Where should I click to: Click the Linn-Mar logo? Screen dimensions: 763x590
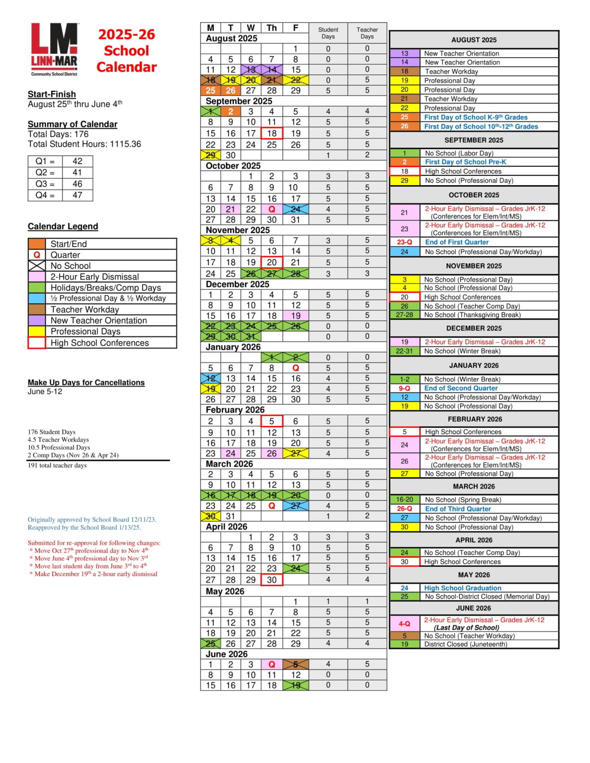pyautogui.click(x=54, y=49)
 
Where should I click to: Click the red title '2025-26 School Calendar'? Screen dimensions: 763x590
pyautogui.click(x=126, y=51)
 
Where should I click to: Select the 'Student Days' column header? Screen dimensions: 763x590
pyautogui.click(x=328, y=33)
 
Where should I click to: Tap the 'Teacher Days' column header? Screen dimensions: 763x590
pyautogui.click(x=367, y=33)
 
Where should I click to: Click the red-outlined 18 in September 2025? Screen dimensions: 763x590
pyautogui.click(x=271, y=133)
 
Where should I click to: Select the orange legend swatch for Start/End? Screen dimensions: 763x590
pyautogui.click(x=37, y=244)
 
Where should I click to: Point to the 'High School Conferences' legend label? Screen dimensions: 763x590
pyautogui.click(x=99, y=343)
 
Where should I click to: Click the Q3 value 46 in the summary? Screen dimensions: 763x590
pyautogui.click(x=78, y=184)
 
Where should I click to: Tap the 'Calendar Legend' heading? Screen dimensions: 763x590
pyautogui.click(x=63, y=227)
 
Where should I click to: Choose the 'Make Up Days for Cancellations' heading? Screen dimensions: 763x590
pyautogui.click(x=86, y=382)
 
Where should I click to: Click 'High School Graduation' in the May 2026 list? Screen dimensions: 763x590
pyautogui.click(x=462, y=588)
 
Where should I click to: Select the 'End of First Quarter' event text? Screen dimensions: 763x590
pyautogui.click(x=456, y=242)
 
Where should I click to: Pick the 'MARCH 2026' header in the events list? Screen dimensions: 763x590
pyautogui.click(x=474, y=486)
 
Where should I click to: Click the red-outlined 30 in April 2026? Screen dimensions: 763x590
pyautogui.click(x=271, y=580)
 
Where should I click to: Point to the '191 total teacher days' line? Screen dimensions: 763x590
pyautogui.click(x=57, y=465)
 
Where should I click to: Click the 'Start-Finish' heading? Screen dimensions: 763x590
pyautogui.click(x=52, y=94)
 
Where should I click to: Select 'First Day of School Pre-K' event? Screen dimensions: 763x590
pyautogui.click(x=465, y=162)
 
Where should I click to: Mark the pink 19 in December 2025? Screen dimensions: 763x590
pyautogui.click(x=296, y=316)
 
